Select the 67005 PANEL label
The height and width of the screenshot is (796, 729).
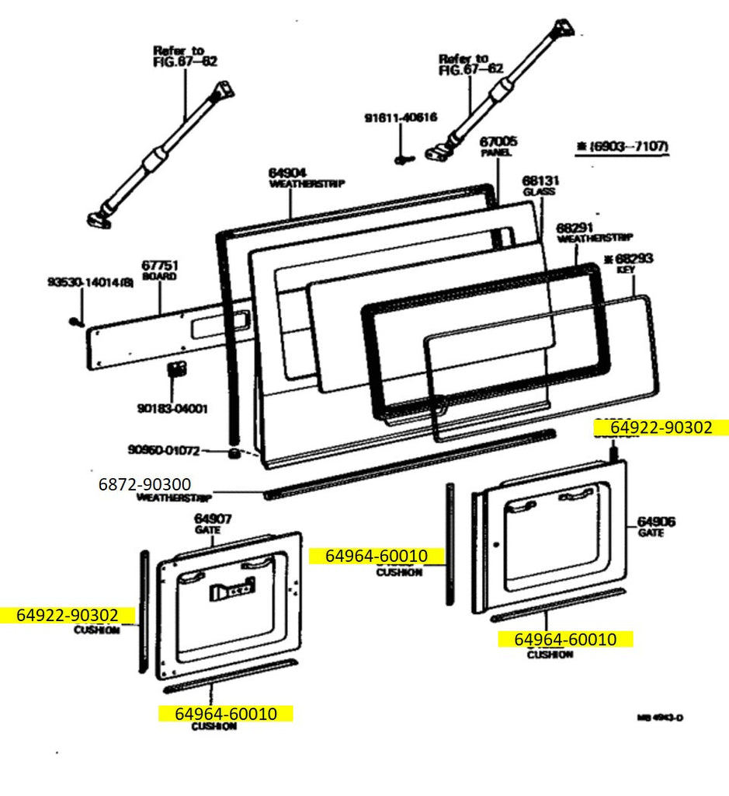[498, 142]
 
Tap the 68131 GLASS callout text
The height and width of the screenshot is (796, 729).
[541, 180]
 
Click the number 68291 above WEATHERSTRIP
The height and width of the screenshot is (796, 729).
[575, 227]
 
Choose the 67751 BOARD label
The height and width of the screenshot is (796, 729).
[159, 265]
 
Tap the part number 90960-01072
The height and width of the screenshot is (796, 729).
[164, 449]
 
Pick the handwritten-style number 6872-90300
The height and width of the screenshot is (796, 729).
[144, 484]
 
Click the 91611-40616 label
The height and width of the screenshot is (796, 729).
[401, 118]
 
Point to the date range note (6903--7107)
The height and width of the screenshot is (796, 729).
[622, 145]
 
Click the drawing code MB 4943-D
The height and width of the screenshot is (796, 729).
[660, 717]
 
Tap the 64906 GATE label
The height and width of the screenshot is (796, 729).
[657, 522]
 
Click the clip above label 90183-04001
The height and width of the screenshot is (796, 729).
[176, 368]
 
